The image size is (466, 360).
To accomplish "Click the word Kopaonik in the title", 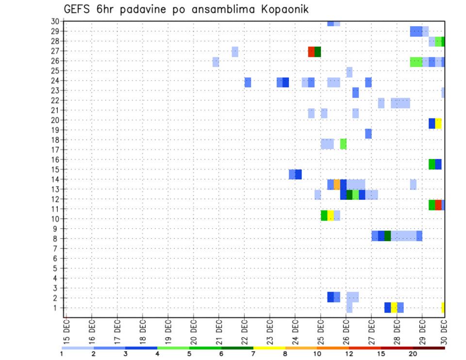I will [282, 10].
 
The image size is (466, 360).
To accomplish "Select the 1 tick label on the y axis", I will [57, 308].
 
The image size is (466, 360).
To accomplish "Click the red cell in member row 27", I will [311, 52].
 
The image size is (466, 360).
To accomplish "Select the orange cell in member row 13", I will [337, 184].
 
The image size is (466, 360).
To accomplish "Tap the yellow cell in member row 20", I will [438, 124].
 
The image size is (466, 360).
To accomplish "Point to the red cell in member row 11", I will [438, 205].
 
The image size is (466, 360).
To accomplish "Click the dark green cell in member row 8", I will [387, 236].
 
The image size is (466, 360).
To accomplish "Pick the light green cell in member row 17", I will [343, 144].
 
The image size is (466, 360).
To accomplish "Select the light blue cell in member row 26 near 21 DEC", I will [216, 62].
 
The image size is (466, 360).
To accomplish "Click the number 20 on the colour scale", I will [413, 353].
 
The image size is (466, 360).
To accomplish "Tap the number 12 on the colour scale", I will [349, 353].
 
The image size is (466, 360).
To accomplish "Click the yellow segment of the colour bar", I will [269, 348].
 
